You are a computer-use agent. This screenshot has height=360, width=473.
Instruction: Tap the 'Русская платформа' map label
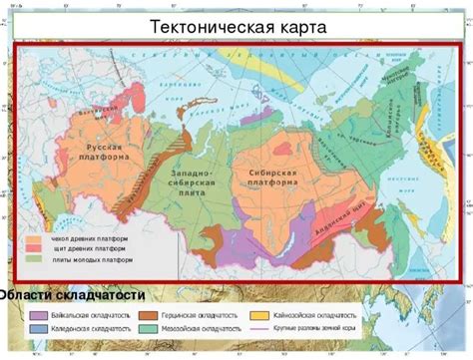click(103, 153)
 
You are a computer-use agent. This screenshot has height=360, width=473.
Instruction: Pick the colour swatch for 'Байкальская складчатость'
click(39, 314)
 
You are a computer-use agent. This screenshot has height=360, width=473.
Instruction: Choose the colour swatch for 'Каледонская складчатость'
click(39, 327)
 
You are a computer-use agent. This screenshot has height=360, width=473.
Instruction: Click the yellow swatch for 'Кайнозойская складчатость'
click(256, 314)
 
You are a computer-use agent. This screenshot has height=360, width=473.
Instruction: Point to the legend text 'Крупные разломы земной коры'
click(309, 327)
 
